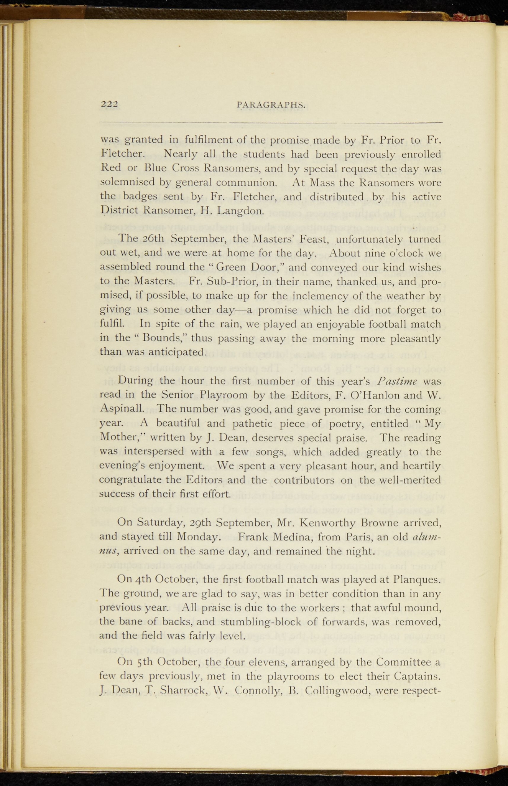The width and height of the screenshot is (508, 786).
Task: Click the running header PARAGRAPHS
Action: tap(271, 105)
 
